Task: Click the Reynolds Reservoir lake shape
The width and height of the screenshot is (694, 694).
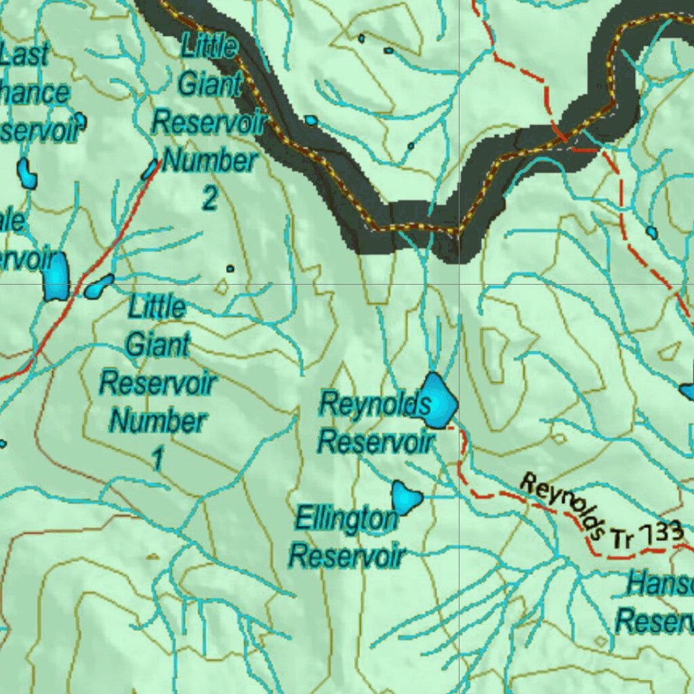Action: pos(437,401)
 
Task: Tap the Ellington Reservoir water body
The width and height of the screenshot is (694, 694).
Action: pos(406,498)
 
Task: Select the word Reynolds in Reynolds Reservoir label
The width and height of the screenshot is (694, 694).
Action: pos(375,405)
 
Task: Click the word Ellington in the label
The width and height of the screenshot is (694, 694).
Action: pos(346,520)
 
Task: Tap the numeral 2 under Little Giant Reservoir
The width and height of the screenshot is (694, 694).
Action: pos(210,198)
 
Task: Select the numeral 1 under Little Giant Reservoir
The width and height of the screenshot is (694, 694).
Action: pos(157,460)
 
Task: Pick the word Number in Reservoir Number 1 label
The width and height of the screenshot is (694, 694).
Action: pos(158,422)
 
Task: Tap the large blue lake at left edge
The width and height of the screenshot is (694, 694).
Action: pos(56,276)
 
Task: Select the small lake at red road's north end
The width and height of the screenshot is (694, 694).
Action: pos(149,170)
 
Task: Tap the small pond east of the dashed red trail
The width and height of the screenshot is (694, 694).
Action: pos(651,232)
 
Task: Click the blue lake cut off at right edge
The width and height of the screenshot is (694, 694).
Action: pos(687,392)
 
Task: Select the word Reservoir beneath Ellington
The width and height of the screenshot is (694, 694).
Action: pos(347,556)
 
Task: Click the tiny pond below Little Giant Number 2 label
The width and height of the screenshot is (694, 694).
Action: pos(230,269)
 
